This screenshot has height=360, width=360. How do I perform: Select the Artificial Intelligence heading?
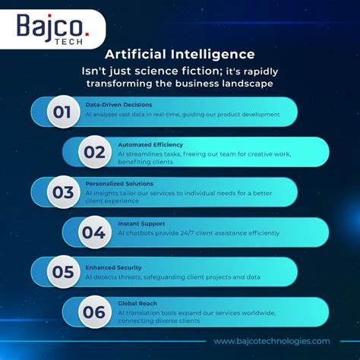click(179, 55)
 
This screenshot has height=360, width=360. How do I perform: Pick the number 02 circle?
click(94, 152)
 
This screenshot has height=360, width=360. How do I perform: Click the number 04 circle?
click(94, 232)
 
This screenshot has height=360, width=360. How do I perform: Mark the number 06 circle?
click(94, 311)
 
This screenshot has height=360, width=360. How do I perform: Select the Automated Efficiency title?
click(150, 144)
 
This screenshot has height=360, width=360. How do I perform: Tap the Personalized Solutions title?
click(118, 183)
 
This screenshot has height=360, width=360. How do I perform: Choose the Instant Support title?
click(141, 223)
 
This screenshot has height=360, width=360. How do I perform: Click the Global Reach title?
click(137, 303)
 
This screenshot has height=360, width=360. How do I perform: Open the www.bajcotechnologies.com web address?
click(272, 342)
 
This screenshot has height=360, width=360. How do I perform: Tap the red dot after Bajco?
click(85, 31)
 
